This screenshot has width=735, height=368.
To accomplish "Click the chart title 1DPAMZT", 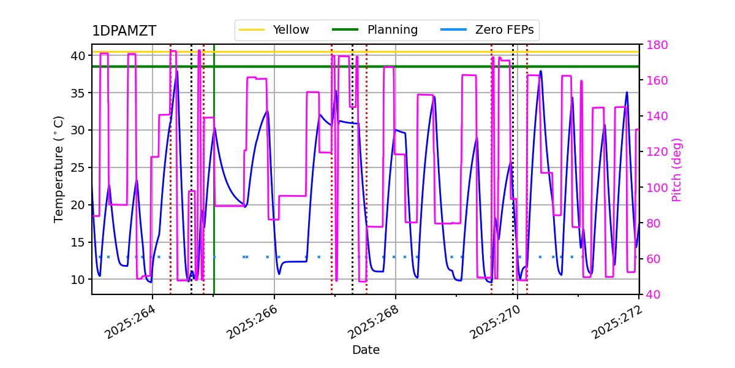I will (124, 31).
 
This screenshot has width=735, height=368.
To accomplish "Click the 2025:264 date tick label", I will (130, 321).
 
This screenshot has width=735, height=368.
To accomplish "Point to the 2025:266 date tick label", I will (252, 321).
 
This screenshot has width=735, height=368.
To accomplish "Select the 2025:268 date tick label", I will (373, 321).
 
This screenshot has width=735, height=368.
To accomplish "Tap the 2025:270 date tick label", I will (495, 321).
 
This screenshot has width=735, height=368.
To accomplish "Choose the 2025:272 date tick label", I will (616, 321).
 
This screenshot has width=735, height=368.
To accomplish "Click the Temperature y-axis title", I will (59, 169).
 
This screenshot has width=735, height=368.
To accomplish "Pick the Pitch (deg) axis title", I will (677, 169).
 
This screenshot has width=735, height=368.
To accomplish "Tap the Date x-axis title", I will (366, 350).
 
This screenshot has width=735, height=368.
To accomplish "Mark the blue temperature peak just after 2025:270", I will (540, 71).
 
